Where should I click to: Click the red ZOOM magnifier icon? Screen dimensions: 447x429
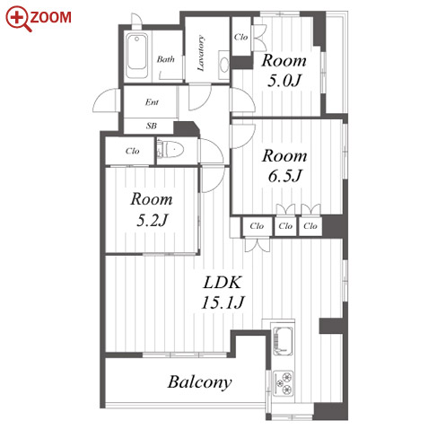point(18,19)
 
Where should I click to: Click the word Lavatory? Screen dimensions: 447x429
point(201,53)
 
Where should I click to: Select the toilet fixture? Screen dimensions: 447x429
point(171,149)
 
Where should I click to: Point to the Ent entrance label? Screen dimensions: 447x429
point(152,102)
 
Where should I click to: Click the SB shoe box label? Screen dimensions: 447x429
point(152,126)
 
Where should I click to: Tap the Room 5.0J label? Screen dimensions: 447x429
point(284,71)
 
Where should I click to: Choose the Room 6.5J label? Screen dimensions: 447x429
point(285,165)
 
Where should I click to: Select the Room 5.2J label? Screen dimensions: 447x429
point(152,209)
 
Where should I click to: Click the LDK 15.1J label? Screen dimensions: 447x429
point(223,293)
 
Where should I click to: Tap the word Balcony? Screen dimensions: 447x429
point(199,382)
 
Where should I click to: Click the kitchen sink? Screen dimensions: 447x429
point(283,340)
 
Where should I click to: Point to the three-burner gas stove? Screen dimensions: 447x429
point(283,383)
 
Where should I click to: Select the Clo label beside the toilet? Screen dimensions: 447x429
point(132,151)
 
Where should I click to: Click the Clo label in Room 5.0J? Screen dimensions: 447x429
point(241,37)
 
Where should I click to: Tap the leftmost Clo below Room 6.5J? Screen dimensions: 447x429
point(257,226)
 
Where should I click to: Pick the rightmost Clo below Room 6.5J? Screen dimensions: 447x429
point(311,226)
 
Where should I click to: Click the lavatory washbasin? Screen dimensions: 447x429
point(224,65)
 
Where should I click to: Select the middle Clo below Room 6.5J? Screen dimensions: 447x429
point(285,226)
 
